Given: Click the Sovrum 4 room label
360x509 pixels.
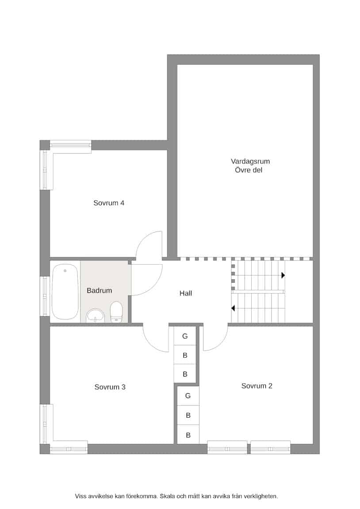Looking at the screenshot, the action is click(x=109, y=203).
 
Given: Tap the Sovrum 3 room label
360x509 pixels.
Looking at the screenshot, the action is click(x=110, y=387).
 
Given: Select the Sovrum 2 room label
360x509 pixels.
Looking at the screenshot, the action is click(x=257, y=386).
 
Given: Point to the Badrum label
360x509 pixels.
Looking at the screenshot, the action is click(x=99, y=291).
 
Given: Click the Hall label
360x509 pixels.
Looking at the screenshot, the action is click(x=185, y=293).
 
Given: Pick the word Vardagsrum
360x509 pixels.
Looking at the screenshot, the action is click(x=250, y=161).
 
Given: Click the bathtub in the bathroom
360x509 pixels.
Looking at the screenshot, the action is click(x=65, y=292).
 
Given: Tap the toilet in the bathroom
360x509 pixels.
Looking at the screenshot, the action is click(x=116, y=311).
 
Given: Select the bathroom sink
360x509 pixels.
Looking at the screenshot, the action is click(x=96, y=315).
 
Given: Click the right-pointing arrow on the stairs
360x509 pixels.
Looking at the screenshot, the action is click(x=283, y=275).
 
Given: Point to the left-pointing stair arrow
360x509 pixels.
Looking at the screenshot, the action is click(x=233, y=308).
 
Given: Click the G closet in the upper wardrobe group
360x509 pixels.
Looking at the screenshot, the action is click(x=185, y=336).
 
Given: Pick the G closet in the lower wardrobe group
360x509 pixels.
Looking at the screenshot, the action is click(x=188, y=396).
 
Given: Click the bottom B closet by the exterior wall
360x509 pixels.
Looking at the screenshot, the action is click(x=188, y=435).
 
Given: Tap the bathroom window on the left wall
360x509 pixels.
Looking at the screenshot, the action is click(x=45, y=296).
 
